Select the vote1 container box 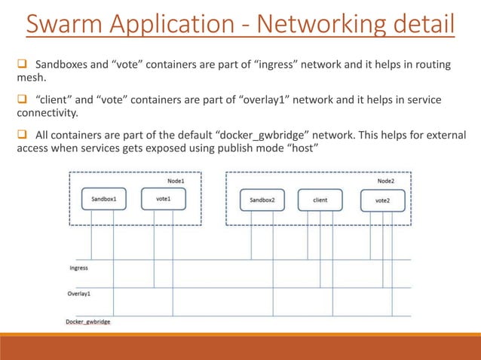(x=164, y=200)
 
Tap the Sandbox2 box (x=262, y=200)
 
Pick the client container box (x=320, y=200)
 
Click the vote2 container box (x=382, y=200)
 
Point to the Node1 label (x=176, y=181)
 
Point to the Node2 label (x=385, y=181)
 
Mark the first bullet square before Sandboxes (x=22, y=66)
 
